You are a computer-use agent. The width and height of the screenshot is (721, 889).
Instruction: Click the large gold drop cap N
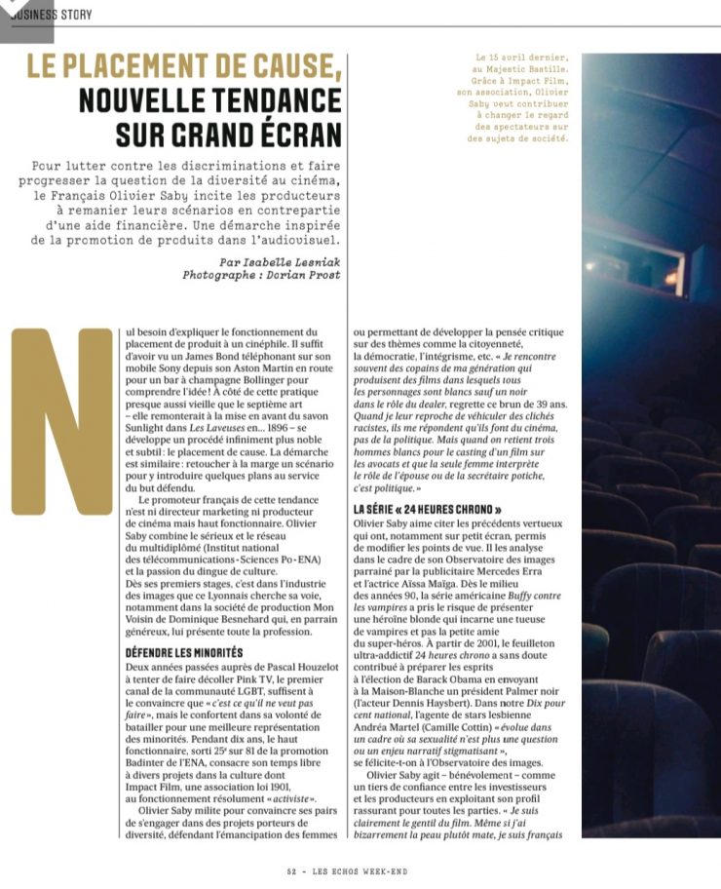61,420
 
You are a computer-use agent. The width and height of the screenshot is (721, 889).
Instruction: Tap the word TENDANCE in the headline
256,100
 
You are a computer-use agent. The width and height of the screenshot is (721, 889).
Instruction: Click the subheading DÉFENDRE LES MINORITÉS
184,651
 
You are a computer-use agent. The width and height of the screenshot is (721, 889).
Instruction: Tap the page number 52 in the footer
291,872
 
